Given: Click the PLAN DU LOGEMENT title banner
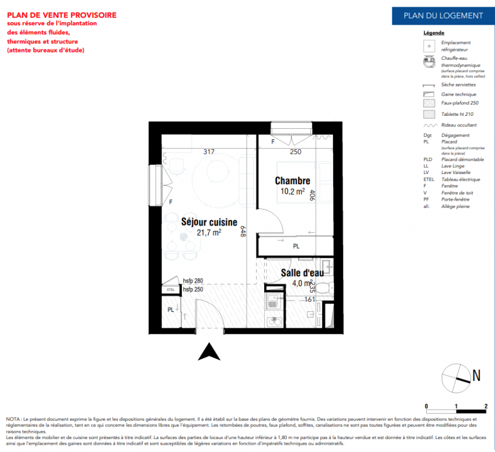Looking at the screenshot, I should click(x=443, y=15).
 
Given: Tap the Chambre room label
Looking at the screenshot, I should click(x=292, y=181).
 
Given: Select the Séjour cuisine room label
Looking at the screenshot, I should click(x=209, y=222).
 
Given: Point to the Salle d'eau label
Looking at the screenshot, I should click(x=302, y=273).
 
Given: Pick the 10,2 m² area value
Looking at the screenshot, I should click(x=292, y=191).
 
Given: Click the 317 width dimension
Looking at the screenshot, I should click(x=209, y=151).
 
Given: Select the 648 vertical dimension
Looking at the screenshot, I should click(x=243, y=232).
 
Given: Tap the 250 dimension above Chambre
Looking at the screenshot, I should click(x=296, y=151).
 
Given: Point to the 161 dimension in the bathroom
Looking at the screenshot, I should click(x=309, y=299).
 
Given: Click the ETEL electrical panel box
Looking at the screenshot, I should click(x=170, y=290).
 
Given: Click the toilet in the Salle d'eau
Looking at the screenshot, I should click(x=324, y=288).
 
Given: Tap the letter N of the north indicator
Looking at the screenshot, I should click(x=476, y=375).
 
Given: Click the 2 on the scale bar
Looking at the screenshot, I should click(x=486, y=406).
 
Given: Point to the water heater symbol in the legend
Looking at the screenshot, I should click(x=430, y=62).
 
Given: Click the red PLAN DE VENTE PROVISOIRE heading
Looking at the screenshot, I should click(x=62, y=15).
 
